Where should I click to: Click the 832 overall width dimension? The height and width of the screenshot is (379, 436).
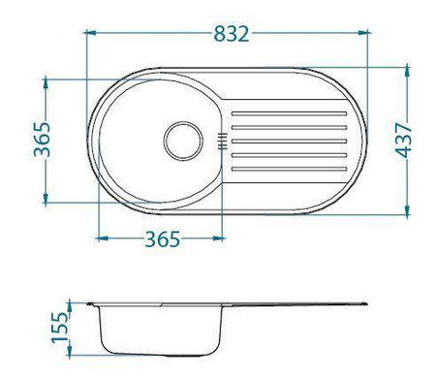click(232, 34)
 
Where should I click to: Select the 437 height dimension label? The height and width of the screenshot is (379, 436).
click(404, 140)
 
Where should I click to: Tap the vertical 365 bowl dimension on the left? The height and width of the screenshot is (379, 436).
click(43, 140)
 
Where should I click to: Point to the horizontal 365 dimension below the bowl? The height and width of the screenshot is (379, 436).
click(162, 239)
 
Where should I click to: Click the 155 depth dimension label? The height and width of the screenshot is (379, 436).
click(60, 327)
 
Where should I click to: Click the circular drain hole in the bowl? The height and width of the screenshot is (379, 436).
click(183, 141)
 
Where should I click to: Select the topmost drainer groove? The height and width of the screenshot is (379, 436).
click(289, 113)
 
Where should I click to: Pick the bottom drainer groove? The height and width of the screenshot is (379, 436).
click(289, 169)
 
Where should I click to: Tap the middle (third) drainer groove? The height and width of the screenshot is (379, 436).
click(289, 142)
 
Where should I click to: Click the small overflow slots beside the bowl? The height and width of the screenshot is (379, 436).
click(222, 142)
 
